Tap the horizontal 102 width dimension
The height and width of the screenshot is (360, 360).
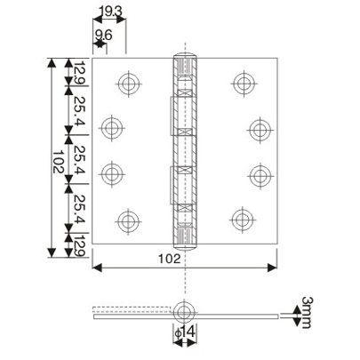pos(180,259)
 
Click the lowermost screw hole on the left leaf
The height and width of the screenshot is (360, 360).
pos(129,218)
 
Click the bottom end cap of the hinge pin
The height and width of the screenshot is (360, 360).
pos(186,239)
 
